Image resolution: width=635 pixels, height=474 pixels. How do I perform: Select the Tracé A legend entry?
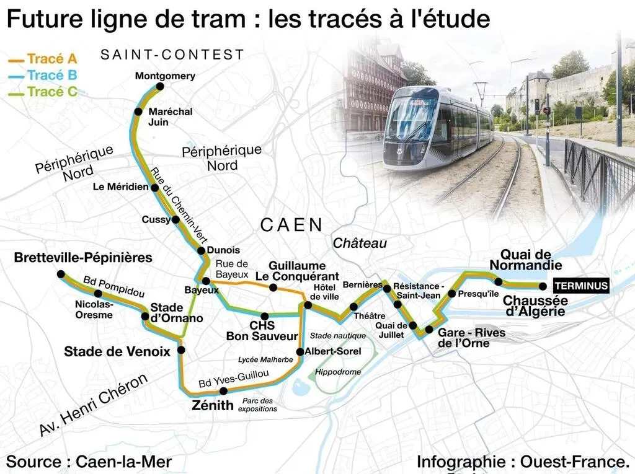point(52,59)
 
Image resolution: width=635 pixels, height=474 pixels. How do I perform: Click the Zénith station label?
point(214,405)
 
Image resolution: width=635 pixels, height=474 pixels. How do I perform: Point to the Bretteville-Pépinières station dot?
point(60,274)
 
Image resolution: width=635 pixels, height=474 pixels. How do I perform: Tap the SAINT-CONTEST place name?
point(172,55)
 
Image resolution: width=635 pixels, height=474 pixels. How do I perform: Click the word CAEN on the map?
point(291,225)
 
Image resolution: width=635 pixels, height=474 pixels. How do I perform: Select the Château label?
point(360,244)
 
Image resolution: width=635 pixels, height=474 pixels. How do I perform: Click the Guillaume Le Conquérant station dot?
point(273,287)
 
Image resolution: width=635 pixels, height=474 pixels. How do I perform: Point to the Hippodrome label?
point(338,372)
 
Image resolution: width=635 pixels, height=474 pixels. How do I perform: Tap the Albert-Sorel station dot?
point(300,352)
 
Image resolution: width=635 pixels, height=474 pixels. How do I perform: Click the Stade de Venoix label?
point(117,352)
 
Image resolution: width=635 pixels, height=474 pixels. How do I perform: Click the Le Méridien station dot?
point(155,187)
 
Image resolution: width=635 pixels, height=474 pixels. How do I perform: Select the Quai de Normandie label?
point(526,260)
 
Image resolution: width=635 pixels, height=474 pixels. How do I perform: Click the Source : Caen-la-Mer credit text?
point(89,462)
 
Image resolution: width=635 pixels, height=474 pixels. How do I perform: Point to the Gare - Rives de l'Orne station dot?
point(429,328)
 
